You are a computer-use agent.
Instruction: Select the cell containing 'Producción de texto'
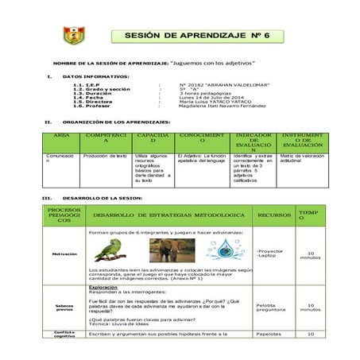[106, 157]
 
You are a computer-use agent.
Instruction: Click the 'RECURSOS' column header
[273, 215]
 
